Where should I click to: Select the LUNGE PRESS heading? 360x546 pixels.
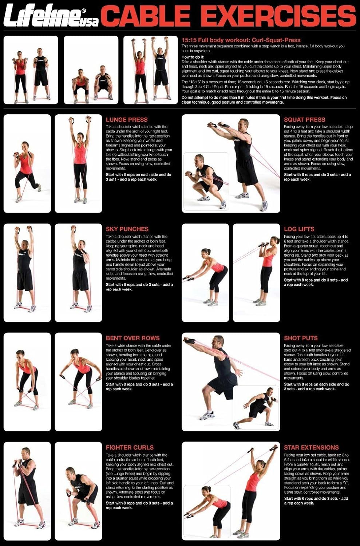tap(127, 119)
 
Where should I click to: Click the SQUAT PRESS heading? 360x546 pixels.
tap(304, 119)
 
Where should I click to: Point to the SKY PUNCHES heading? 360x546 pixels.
tap(127, 229)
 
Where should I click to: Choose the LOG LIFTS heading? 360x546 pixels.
tap(299, 229)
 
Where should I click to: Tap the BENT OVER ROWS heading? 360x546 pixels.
tap(132, 338)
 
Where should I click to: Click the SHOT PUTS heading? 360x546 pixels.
tap(301, 338)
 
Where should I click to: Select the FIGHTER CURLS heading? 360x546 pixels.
tap(130, 447)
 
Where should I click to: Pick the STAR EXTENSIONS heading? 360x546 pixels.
tap(311, 447)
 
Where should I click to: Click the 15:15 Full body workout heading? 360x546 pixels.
tap(241, 40)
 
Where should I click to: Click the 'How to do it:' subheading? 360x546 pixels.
tap(193, 57)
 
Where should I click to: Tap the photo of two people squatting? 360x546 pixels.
tap(91, 70)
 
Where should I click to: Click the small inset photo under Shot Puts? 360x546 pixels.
tap(256, 408)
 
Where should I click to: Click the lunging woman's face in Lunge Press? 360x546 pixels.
tap(25, 146)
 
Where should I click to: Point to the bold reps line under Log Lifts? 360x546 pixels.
tap(316, 282)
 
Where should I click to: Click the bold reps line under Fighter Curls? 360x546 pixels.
tap(139, 505)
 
